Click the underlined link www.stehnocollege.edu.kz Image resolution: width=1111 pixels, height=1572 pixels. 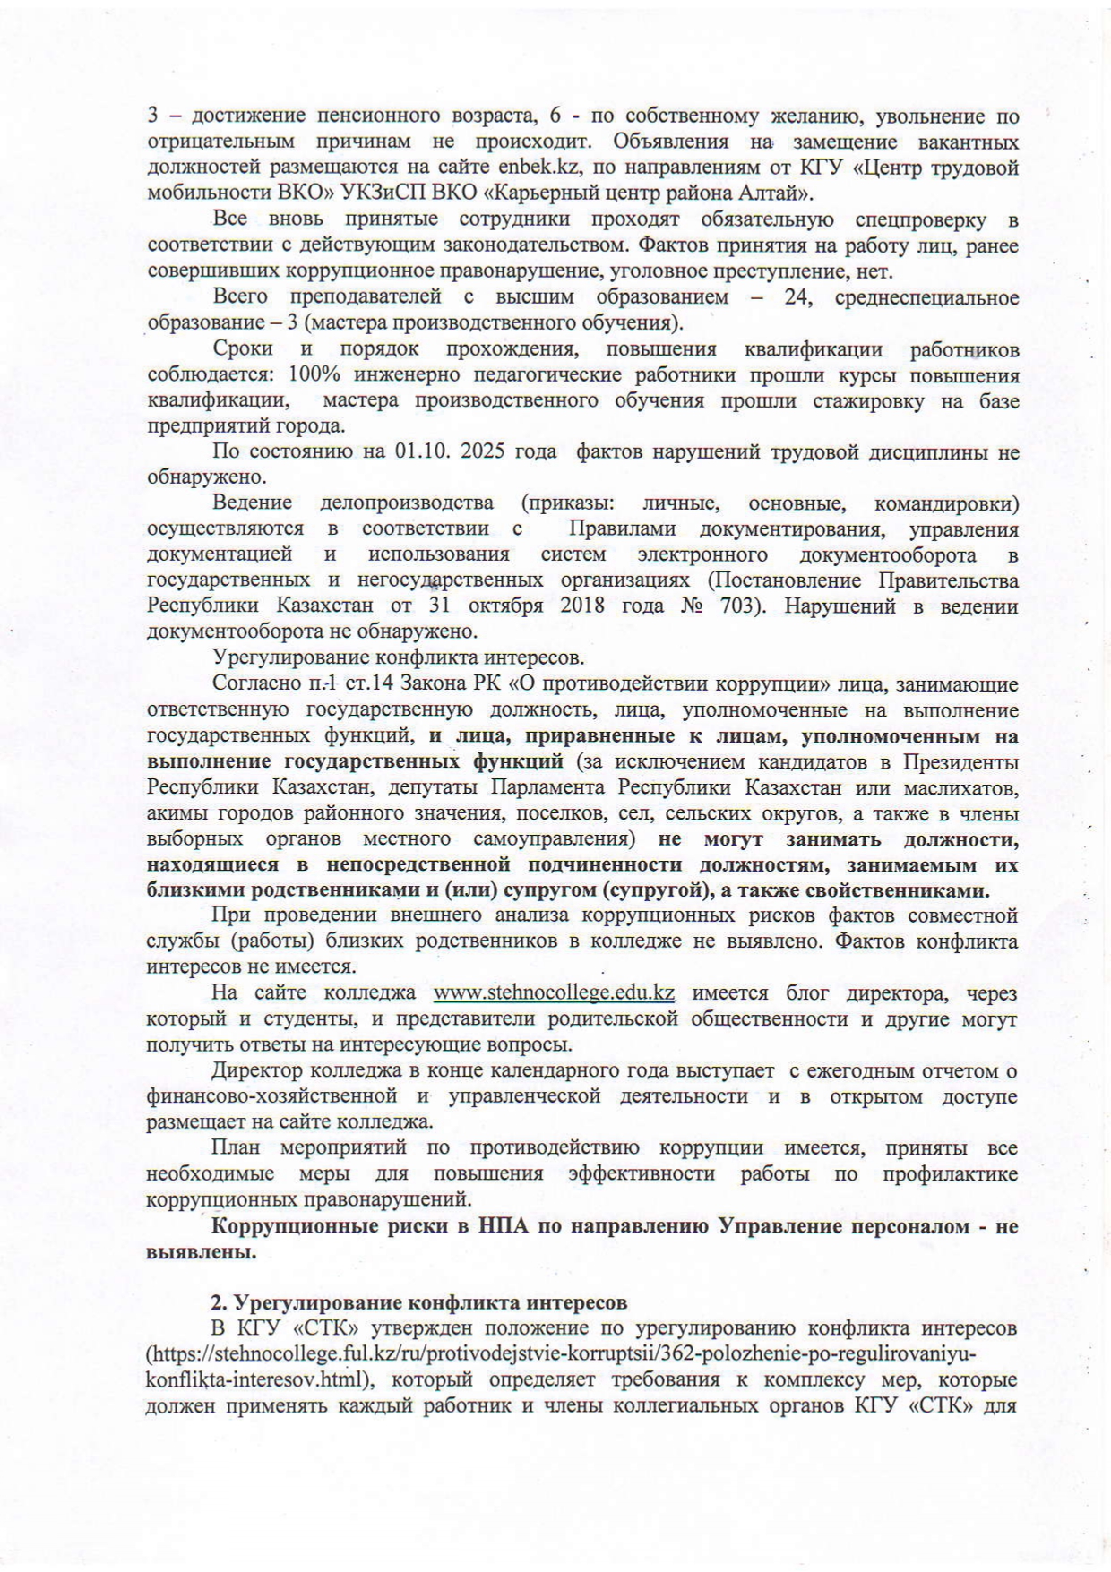click(x=554, y=992)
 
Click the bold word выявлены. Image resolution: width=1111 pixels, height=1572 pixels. click(x=202, y=1252)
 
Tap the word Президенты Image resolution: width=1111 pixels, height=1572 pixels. click(x=960, y=762)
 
